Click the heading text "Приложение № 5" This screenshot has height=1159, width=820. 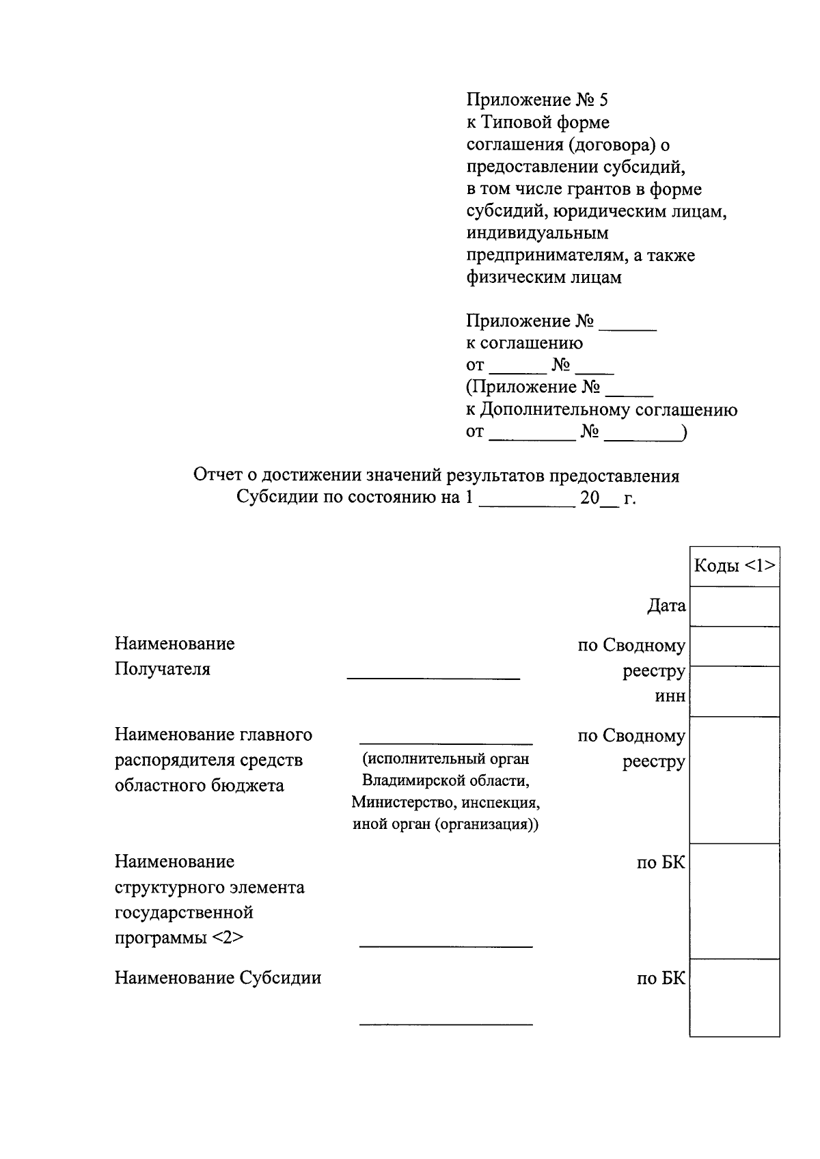(x=536, y=100)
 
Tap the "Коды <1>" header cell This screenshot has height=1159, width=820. (x=735, y=566)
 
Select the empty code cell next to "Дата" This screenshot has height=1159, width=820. (x=735, y=606)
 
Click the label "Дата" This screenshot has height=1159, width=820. (x=666, y=606)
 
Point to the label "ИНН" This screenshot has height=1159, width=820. (x=670, y=697)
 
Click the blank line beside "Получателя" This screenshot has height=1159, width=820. (x=433, y=677)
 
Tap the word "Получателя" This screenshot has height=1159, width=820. (x=163, y=669)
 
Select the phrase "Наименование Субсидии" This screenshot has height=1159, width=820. (x=217, y=978)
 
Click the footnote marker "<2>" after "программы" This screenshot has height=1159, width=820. (x=227, y=938)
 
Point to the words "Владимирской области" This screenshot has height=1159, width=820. (x=446, y=780)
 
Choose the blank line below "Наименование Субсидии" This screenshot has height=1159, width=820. (x=446, y=1024)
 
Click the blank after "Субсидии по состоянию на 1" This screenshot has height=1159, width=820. (x=527, y=506)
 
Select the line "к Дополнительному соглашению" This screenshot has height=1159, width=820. (x=601, y=410)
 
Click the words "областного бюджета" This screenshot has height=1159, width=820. (x=199, y=785)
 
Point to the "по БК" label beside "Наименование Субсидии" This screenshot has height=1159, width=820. (x=661, y=979)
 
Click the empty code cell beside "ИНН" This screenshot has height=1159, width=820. (x=735, y=692)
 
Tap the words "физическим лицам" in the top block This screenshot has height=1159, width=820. (x=544, y=278)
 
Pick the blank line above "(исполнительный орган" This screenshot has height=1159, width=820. (x=446, y=742)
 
